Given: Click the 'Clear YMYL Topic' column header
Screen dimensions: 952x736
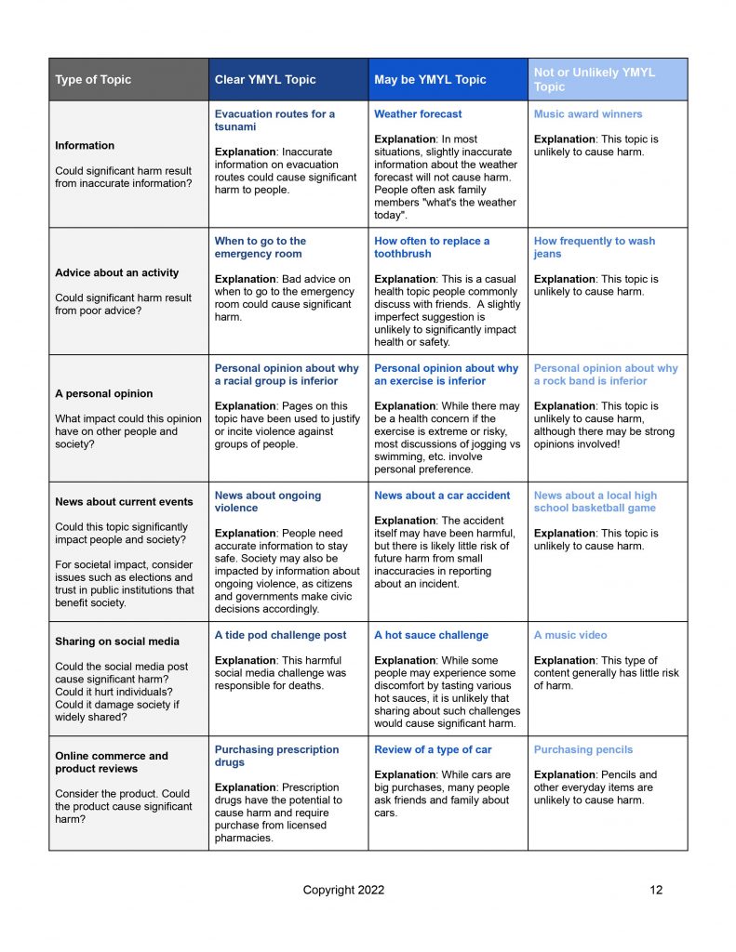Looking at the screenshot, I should point(265,80).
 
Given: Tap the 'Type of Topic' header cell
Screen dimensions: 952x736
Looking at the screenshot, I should point(93,80).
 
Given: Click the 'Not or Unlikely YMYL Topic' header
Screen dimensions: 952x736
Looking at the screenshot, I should point(594,79).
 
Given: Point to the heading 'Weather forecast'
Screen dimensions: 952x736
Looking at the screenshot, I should point(418,114).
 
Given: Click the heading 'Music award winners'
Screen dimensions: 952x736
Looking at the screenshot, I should point(588,114).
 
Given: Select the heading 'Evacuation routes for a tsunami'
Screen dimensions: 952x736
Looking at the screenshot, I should point(274,120).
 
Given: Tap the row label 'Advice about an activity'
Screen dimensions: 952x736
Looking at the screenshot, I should point(116,272).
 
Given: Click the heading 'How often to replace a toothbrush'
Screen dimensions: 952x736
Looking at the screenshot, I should point(432,247).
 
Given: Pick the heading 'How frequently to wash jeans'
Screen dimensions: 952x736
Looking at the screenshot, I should point(595,247).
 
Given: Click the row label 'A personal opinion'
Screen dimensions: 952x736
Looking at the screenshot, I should point(103,393).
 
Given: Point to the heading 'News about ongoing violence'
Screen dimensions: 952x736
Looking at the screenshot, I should point(268,502).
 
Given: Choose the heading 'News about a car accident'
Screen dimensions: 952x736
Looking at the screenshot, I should point(442,496).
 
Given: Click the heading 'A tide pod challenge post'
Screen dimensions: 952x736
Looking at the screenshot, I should point(280,635).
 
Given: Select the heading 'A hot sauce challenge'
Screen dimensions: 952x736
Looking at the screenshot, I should point(431,635).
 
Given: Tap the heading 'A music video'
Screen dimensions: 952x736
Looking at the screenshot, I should point(570,635).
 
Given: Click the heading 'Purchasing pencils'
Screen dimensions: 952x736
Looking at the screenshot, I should point(583,749).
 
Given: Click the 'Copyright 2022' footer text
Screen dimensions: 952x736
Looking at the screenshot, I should point(343,890).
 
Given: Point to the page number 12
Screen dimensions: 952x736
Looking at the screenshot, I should point(656,890).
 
